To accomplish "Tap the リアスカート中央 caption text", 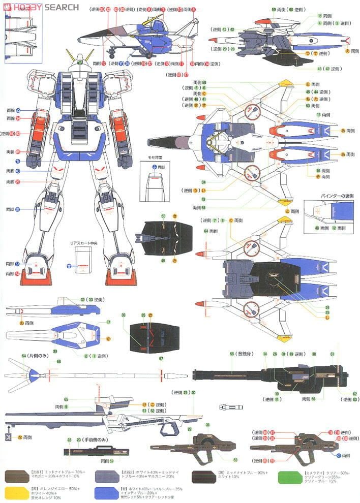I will click(83, 244).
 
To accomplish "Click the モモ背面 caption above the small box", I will click(154, 159).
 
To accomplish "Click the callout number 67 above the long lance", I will click(161, 359).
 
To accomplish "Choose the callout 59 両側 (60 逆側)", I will click(289, 9).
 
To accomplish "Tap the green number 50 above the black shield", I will click(163, 216).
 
